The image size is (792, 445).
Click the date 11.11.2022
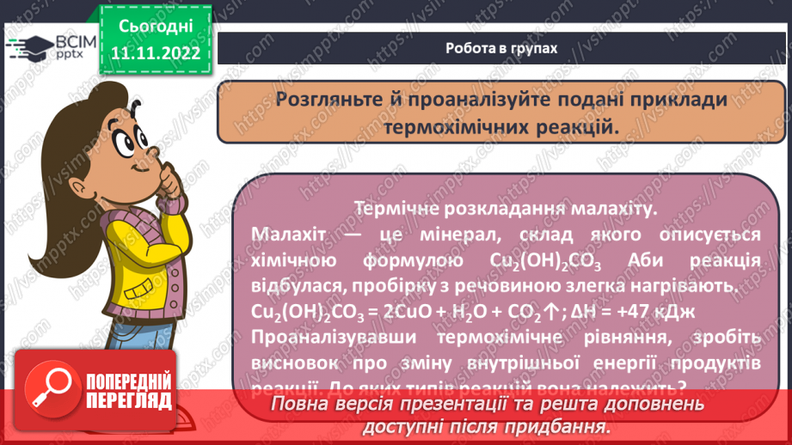point(156,52)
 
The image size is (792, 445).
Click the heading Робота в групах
point(501,48)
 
